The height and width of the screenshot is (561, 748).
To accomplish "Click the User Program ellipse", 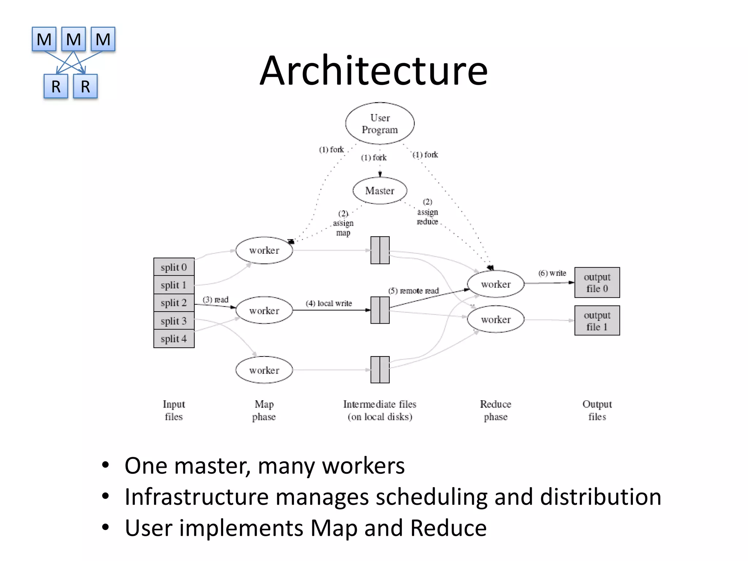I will pyautogui.click(x=380, y=123).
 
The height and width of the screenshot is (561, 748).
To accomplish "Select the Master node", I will pyautogui.click(x=380, y=191).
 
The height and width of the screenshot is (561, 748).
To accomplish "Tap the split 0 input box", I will pyautogui.click(x=174, y=267).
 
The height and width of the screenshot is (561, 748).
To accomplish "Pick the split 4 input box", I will pyautogui.click(x=174, y=339).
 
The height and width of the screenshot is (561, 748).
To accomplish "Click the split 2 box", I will pyautogui.click(x=174, y=303).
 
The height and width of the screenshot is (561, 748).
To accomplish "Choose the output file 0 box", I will pyautogui.click(x=597, y=283).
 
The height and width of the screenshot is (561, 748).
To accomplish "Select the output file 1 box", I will pyautogui.click(x=597, y=321).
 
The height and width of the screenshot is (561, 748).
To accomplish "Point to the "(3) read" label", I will pyautogui.click(x=215, y=300).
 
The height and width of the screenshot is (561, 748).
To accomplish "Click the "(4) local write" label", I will pyautogui.click(x=329, y=304).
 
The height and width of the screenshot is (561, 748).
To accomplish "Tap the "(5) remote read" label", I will pyautogui.click(x=413, y=291).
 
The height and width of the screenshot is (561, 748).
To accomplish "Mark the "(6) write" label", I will pyautogui.click(x=552, y=273).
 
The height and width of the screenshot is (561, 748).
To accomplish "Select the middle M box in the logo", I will pyautogui.click(x=73, y=39).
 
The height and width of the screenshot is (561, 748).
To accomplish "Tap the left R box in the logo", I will pyautogui.click(x=56, y=87).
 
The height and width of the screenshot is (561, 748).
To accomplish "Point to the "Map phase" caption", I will pyautogui.click(x=264, y=410).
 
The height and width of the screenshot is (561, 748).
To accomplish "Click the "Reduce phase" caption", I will pyautogui.click(x=495, y=410).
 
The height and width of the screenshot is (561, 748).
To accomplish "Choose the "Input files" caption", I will pyautogui.click(x=174, y=410).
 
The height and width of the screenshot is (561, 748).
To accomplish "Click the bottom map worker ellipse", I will pyautogui.click(x=264, y=370).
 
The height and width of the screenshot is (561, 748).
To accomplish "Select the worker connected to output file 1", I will pyautogui.click(x=496, y=320).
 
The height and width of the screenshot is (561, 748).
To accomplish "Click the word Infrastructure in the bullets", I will pyautogui.click(x=196, y=497).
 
